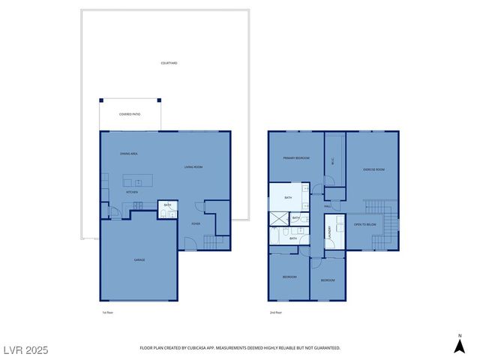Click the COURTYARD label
[x=169, y=63]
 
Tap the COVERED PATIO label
[x=130, y=114]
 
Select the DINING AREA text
[x=128, y=153]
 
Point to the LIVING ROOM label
[x=193, y=166]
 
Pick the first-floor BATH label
[x=167, y=205]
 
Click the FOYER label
[x=196, y=223]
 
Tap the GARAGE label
[x=139, y=259]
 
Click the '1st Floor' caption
[x=107, y=312]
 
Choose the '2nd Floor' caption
[x=276, y=312]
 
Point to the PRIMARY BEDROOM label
[x=296, y=158]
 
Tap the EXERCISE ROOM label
[x=373, y=169]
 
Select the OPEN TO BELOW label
[x=364, y=224]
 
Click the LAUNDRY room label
[x=328, y=232]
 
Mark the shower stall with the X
[x=279, y=218]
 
